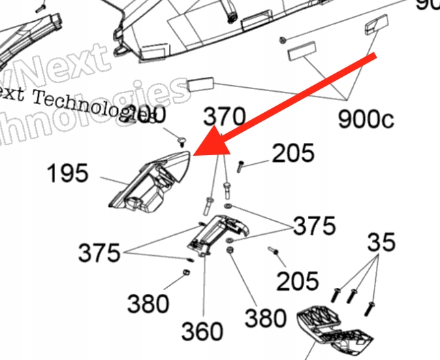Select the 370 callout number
[x=223, y=116]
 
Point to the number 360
[x=202, y=331]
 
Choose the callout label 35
[x=382, y=242]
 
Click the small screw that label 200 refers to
[x=182, y=141]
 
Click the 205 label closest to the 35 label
[x=298, y=279]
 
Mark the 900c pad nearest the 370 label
[x=200, y=84]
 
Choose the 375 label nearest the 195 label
[x=99, y=253]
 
